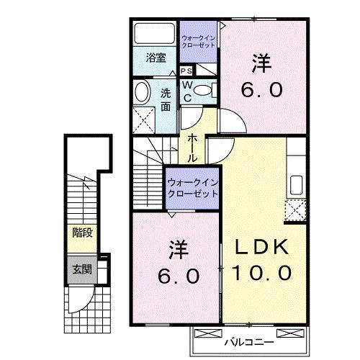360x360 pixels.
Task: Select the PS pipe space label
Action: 186,71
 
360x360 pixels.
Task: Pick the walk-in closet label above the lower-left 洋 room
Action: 192,188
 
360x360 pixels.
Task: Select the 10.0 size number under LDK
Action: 263,273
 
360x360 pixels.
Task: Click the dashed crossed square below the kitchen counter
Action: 295,210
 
